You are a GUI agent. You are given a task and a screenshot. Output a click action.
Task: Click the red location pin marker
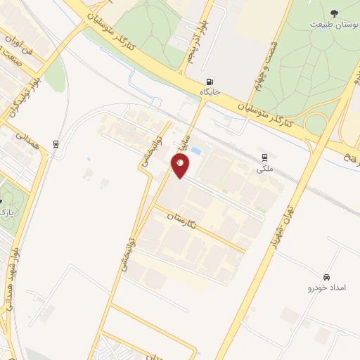181,165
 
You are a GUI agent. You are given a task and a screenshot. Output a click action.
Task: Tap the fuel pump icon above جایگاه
211,81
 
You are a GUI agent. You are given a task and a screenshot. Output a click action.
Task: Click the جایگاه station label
211,92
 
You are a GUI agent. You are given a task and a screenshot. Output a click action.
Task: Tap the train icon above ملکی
264,157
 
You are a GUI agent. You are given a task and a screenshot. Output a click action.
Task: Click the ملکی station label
265,169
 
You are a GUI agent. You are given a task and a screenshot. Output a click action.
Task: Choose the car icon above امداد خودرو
327,277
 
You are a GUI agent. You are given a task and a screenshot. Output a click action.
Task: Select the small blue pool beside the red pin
195,150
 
